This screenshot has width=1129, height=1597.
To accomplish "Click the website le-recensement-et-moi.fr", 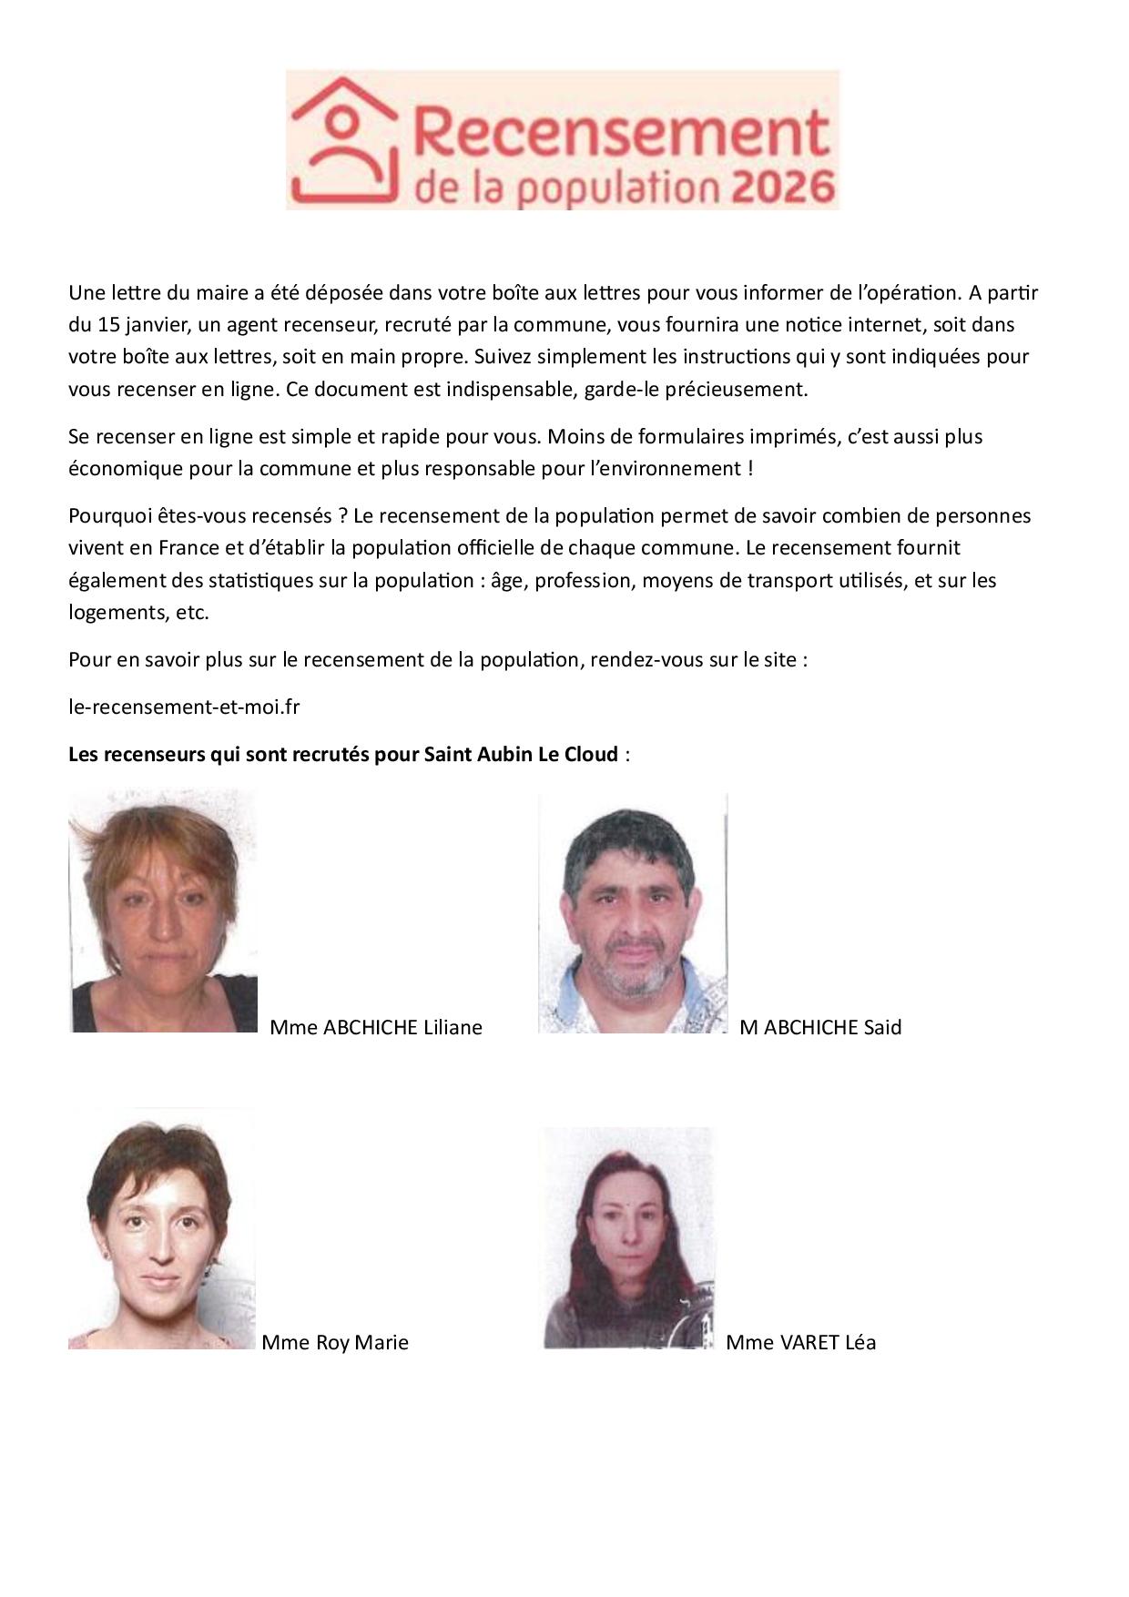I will click(x=184, y=707).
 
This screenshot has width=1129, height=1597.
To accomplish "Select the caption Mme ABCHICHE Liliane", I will click(x=376, y=1027).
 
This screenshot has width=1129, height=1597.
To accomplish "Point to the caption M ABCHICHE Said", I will click(x=820, y=1027).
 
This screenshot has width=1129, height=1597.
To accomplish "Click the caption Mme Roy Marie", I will click(x=334, y=1342).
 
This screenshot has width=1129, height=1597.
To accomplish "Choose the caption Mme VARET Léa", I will click(x=800, y=1342).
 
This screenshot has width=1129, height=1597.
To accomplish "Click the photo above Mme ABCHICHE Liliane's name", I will click(x=163, y=910).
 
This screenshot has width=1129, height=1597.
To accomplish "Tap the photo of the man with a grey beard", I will click(x=633, y=913).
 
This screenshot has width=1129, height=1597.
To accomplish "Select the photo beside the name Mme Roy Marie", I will click(x=161, y=1229).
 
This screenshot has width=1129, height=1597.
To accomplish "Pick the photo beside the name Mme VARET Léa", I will click(x=628, y=1238).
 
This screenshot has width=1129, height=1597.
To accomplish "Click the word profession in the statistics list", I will click(x=583, y=580).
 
